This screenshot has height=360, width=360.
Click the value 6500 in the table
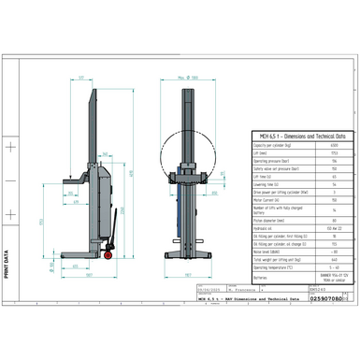334,146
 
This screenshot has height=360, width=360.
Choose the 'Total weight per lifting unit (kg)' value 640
334,259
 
